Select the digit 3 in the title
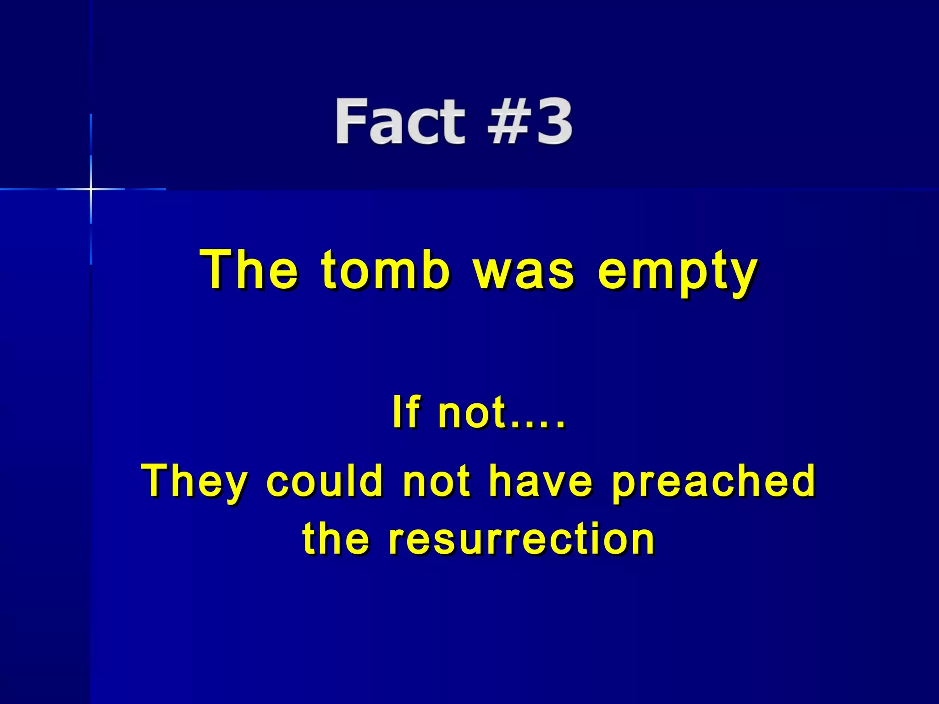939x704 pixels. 554,122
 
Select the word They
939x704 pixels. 194,481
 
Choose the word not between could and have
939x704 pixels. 436,481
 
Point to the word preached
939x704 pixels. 713,481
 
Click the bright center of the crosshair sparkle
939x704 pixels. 91,189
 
